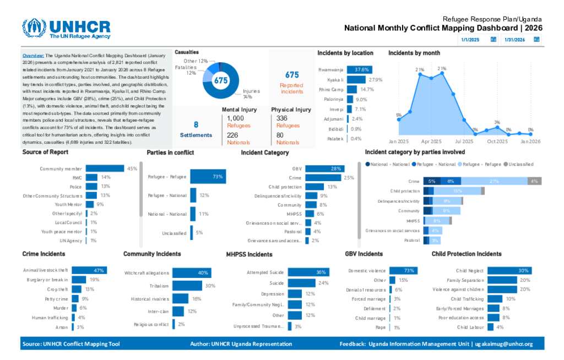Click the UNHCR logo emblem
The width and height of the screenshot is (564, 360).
pyautogui.click(x=34, y=29)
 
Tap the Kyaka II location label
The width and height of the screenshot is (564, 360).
pyautogui.click(x=335, y=80)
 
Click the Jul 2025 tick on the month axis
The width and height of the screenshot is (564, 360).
pyautogui.click(x=464, y=141)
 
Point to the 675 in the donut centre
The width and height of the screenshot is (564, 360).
pyautogui.click(x=221, y=80)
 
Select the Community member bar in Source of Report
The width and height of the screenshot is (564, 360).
pyautogui.click(x=105, y=168)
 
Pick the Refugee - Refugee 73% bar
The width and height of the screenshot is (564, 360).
pyautogui.click(x=208, y=177)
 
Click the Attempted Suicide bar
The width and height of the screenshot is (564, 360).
pyautogui.click(x=308, y=272)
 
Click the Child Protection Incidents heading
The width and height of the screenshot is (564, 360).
pyautogui.click(x=466, y=254)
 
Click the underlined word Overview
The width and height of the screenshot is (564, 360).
pyautogui.click(x=33, y=56)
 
